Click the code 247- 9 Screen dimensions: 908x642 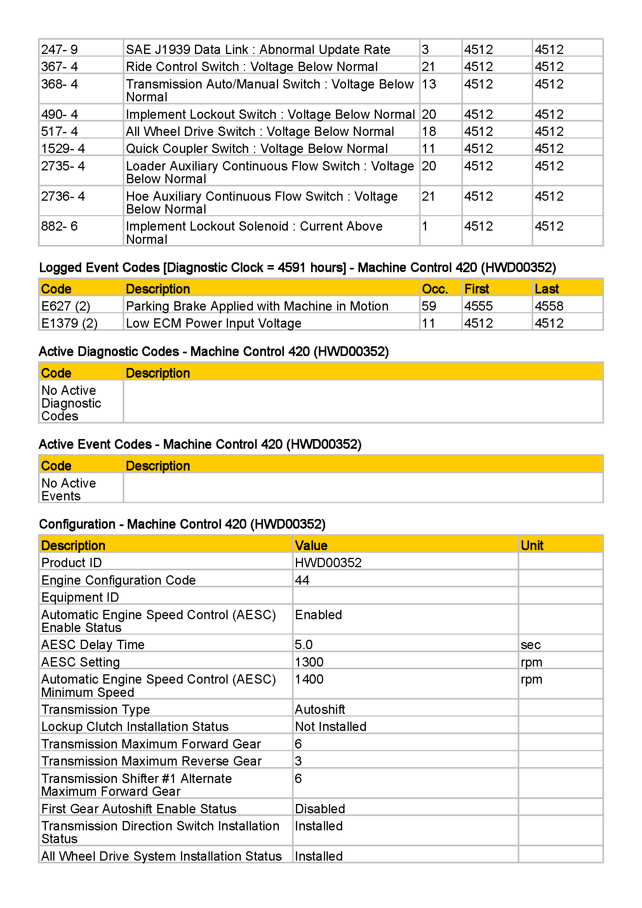click(x=59, y=49)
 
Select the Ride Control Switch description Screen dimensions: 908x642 click(x=252, y=66)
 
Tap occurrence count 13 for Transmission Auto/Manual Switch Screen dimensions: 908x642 click(x=429, y=84)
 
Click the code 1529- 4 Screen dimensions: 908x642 click(x=63, y=148)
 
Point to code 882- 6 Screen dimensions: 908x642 click(x=59, y=226)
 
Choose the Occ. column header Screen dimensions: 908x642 click(x=435, y=289)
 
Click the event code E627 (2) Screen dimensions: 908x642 click(x=66, y=306)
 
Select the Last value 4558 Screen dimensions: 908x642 click(x=549, y=306)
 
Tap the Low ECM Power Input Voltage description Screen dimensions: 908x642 click(x=214, y=323)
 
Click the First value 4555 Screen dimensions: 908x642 click(x=478, y=306)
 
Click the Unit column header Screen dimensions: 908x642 click(x=532, y=546)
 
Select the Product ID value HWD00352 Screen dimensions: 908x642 click(x=328, y=563)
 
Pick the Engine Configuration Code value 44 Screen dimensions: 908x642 click(x=302, y=580)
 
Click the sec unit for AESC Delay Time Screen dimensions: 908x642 click(x=531, y=645)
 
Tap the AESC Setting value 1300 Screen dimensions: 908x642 click(x=309, y=662)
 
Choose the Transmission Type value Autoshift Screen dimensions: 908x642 click(x=320, y=710)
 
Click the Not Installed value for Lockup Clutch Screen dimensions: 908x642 click(x=331, y=727)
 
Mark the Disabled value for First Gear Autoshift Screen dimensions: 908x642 click(x=320, y=809)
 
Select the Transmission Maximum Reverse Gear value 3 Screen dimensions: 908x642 click(x=299, y=761)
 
